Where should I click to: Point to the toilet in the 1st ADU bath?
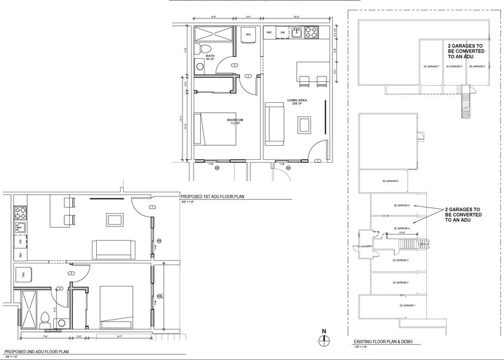coord(206,49)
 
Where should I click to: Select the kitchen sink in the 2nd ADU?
coord(20,228)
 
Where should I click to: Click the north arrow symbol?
coord(325,340)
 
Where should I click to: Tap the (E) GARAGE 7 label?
coord(431,66)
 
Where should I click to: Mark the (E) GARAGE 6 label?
coord(390,181)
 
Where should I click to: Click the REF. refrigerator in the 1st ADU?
coord(269,32)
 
